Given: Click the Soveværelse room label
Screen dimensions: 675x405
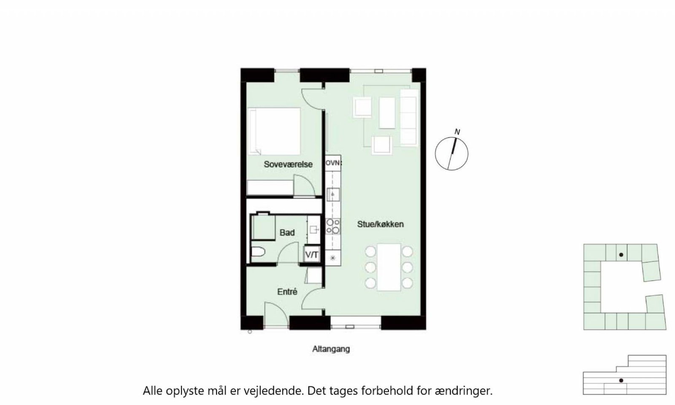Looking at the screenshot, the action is (288, 164).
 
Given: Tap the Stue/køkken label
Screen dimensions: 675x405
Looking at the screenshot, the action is (380, 224).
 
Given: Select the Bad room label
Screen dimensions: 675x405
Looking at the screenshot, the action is (287, 232).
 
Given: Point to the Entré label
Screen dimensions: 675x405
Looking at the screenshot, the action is (287, 292).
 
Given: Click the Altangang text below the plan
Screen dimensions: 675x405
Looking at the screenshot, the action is (331, 349).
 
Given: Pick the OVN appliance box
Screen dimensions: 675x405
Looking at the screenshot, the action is (333, 163).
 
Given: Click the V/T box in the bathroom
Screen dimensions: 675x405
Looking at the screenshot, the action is (312, 255).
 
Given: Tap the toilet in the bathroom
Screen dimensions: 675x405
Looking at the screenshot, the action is (258, 251).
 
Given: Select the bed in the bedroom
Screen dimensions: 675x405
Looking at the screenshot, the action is (274, 131).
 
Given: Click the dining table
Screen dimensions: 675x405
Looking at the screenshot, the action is (389, 267).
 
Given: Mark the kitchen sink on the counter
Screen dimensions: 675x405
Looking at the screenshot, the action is (333, 194).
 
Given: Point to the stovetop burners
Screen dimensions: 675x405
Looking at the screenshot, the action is (333, 226).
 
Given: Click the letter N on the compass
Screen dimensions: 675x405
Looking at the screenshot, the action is (457, 132).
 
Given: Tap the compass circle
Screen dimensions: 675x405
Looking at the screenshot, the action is (435, 154).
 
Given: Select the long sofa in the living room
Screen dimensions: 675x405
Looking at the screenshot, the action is (409, 117).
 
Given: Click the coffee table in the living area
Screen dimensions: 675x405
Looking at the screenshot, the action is (387, 113).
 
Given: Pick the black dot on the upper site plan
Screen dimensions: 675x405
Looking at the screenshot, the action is (621, 255).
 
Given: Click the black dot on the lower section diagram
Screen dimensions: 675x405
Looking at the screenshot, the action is (621, 381).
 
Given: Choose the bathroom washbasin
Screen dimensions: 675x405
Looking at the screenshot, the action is (314, 229).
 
